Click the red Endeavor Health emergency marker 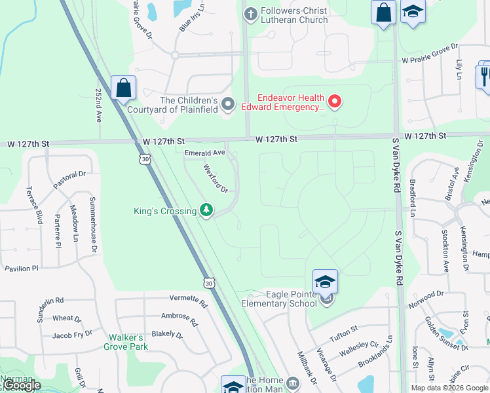(x=335, y=101)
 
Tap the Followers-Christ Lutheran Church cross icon (x=250, y=14)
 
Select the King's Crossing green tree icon (x=207, y=210)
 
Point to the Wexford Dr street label (x=214, y=178)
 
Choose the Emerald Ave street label (x=204, y=153)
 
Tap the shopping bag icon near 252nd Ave (x=123, y=88)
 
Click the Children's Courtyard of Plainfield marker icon (x=228, y=104)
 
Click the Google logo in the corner (x=21, y=386)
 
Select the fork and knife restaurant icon (x=484, y=75)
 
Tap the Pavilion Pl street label (x=22, y=269)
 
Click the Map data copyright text (x=449, y=388)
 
